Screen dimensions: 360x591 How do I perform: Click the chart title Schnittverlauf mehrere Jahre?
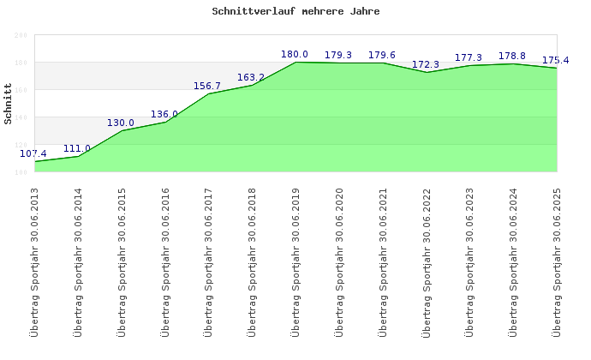coord(295,12)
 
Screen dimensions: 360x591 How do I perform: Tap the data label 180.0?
coord(295,54)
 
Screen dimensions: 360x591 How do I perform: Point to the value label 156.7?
coord(207,86)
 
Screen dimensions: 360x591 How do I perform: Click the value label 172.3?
coord(426,64)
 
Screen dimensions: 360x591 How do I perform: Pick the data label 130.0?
coord(121,123)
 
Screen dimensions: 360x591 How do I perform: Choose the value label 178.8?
coord(512,56)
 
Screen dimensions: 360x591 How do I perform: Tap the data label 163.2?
coord(251,77)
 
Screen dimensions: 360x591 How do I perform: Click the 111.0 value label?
coord(77,148)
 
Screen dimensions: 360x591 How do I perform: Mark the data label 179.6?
coord(382,55)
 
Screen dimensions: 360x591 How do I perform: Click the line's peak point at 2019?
coord(295,62)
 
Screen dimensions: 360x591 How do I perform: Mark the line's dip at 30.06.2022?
coord(427,72)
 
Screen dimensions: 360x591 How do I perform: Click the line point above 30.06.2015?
coord(122,130)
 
